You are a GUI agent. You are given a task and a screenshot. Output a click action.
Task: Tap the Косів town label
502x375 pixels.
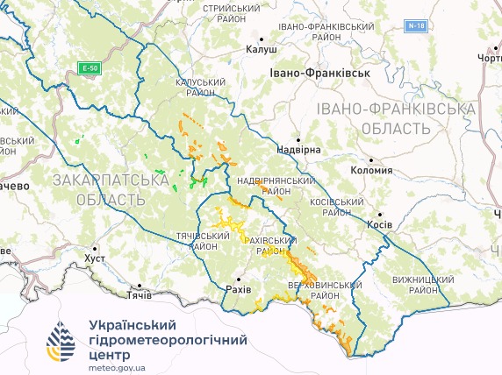pyautogui.click(x=378, y=224)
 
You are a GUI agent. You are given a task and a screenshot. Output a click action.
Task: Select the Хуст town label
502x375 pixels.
pyautogui.click(x=93, y=259)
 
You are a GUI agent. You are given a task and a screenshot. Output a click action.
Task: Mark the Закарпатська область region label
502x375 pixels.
pyautogui.click(x=111, y=189)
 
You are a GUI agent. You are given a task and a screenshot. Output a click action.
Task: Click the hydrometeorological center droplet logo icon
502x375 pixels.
pyautogui.click(x=61, y=342)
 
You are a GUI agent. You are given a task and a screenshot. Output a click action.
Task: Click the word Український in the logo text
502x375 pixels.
pyautogui.click(x=135, y=324)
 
